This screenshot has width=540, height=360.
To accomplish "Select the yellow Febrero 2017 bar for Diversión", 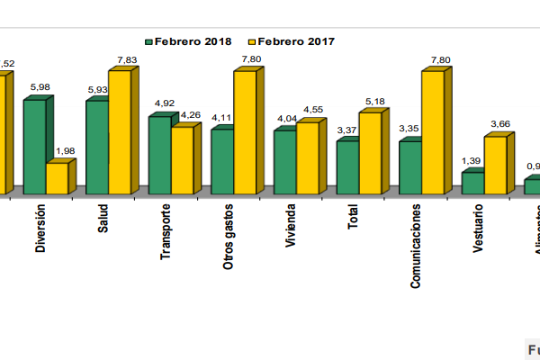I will [x=57, y=178].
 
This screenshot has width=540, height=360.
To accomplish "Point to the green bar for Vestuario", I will [x=472, y=183].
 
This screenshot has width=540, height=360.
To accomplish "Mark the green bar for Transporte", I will [x=159, y=155].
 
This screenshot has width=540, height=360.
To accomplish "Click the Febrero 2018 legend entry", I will [x=188, y=41].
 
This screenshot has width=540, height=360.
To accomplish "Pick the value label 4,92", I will [x=165, y=103].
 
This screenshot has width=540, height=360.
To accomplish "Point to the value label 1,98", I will [x=66, y=150].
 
